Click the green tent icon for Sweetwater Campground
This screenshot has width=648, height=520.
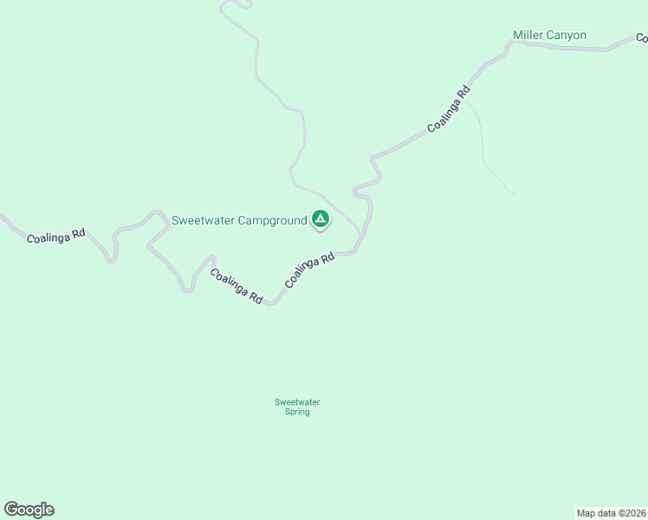click(321, 219)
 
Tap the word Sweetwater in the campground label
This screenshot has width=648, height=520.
click(201, 220)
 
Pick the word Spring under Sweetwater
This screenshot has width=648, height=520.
click(297, 412)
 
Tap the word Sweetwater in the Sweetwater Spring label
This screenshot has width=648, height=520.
click(297, 402)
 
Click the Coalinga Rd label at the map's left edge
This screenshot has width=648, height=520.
click(55, 235)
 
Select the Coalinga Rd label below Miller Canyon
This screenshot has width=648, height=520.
click(449, 109)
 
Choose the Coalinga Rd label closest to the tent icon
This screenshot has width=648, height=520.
click(309, 271)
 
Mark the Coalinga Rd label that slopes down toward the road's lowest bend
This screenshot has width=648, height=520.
click(237, 285)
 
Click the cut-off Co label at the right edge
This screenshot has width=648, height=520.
click(642, 38)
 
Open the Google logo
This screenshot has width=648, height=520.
click(29, 510)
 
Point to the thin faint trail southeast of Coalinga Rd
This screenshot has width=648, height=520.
click(481, 139)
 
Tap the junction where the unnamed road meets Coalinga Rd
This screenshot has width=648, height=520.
click(360, 235)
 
